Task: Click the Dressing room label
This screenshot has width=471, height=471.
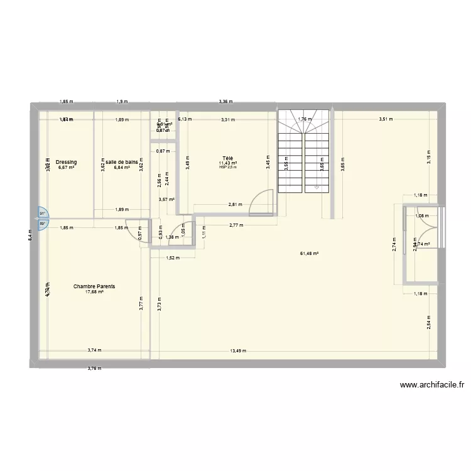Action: (x=66, y=162)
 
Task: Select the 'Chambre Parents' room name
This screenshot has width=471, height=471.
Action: (x=94, y=286)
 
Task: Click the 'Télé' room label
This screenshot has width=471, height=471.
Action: (x=227, y=158)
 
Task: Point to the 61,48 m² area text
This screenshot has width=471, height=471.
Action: (x=310, y=254)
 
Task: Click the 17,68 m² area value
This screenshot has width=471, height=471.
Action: (x=94, y=292)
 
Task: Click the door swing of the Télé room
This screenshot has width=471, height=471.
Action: (x=261, y=202)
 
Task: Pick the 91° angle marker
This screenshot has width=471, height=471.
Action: (x=42, y=214)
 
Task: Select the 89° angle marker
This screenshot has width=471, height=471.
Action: (x=42, y=224)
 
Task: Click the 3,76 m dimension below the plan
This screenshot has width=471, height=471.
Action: (x=94, y=368)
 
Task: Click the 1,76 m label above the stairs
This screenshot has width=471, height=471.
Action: (x=304, y=119)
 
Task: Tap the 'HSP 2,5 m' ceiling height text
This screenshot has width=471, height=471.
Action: (x=227, y=167)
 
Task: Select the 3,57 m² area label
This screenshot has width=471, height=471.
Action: (x=166, y=200)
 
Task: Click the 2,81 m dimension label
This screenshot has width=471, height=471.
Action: (x=234, y=205)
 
